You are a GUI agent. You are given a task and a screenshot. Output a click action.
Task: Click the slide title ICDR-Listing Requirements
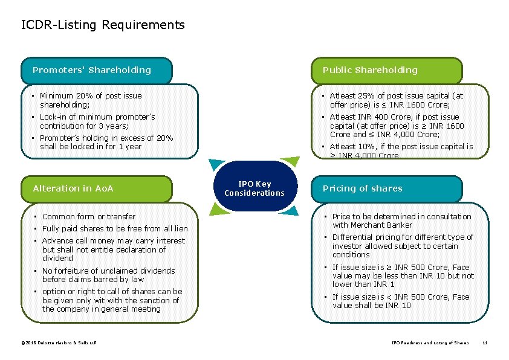click(x=103, y=25)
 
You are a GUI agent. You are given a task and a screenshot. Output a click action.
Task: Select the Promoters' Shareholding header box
click(x=97, y=70)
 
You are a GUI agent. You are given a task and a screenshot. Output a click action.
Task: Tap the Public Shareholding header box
click(x=387, y=70)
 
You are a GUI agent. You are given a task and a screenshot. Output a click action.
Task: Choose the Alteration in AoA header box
click(x=97, y=188)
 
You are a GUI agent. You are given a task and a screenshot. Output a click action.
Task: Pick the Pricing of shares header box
click(x=387, y=188)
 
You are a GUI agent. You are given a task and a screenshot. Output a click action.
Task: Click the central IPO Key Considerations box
click(x=254, y=188)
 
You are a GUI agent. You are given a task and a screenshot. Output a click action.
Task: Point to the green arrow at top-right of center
click(x=291, y=162)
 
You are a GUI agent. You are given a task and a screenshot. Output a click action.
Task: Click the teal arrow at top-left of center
click(x=217, y=164)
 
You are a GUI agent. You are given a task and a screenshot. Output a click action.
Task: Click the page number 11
click(x=484, y=344)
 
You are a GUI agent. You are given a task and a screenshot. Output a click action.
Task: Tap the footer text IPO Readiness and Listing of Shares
click(x=430, y=344)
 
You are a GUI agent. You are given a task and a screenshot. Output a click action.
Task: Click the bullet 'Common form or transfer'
click(x=88, y=216)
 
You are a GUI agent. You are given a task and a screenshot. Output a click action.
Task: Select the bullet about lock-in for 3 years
click(x=97, y=121)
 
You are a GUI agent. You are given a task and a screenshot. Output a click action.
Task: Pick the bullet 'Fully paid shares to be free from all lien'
click(x=115, y=228)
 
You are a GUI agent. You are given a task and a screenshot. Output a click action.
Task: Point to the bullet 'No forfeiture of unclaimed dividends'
click(x=108, y=275)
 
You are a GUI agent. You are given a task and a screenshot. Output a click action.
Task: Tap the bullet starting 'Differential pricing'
click(x=403, y=246)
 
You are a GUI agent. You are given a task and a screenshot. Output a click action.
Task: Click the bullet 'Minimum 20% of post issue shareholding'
click(x=91, y=100)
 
